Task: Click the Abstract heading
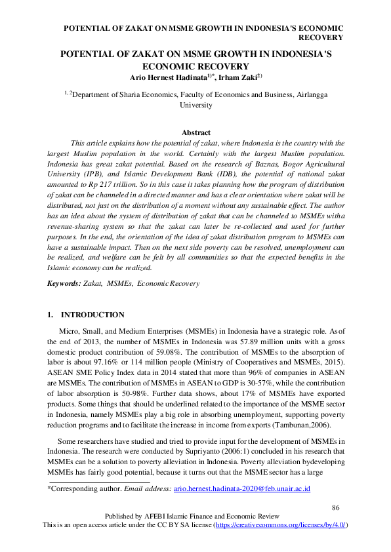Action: (195, 132)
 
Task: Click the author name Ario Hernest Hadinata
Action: (167, 77)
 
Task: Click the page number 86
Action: (336, 508)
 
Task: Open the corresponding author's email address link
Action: (242, 489)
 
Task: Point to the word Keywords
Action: (63, 283)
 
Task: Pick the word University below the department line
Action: (195, 105)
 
